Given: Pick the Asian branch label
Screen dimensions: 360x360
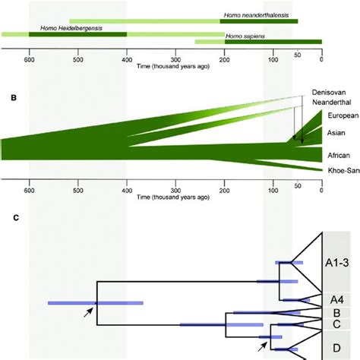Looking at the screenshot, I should [x=336, y=132].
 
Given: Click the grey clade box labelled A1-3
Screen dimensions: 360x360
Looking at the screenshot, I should [x=335, y=262].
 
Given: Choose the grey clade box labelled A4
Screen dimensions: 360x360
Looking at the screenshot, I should [x=335, y=298].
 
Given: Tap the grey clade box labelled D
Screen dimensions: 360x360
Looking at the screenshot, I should [x=335, y=346].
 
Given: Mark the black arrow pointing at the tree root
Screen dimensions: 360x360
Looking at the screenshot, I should [x=90, y=311].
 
